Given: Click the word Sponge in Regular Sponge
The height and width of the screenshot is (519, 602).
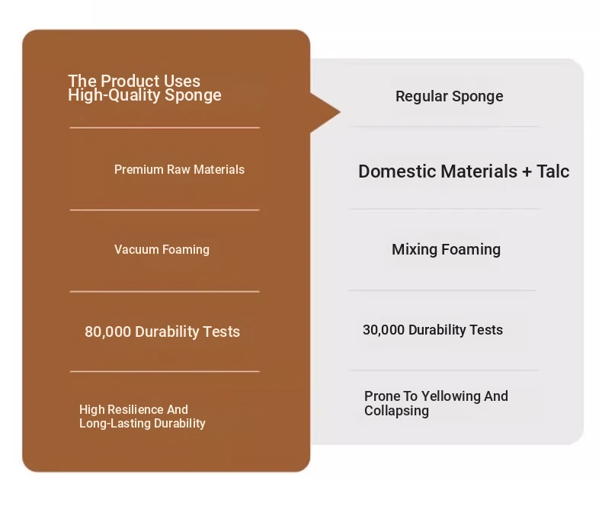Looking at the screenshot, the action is point(478,97).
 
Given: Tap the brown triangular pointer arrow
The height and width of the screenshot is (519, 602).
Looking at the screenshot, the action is point(323,113).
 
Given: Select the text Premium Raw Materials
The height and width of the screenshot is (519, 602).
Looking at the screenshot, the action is point(179,169).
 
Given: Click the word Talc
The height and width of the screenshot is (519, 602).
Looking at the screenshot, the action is point(553,171).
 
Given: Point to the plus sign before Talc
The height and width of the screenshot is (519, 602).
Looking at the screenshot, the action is point(527,172).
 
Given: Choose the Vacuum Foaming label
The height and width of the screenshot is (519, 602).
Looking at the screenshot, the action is point(162,250).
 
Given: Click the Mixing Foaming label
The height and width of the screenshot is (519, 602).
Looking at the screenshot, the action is point(446,250).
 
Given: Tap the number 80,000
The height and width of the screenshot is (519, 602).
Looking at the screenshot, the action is point(108,332).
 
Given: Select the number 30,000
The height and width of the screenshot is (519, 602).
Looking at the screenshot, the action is point(383,330).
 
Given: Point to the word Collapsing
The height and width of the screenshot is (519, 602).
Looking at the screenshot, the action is point(396,411).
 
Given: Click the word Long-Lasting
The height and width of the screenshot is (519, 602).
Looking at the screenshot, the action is point(115,424).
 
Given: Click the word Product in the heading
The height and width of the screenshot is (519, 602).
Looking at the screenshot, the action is point(130,81).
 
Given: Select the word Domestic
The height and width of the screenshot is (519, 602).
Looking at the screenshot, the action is point(399,171).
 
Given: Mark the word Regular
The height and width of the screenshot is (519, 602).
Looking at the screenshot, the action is point(422,97).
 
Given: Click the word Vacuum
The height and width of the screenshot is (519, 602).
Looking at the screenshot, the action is point(136,250).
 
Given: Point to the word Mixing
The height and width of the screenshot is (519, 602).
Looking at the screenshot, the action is point(415,250).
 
